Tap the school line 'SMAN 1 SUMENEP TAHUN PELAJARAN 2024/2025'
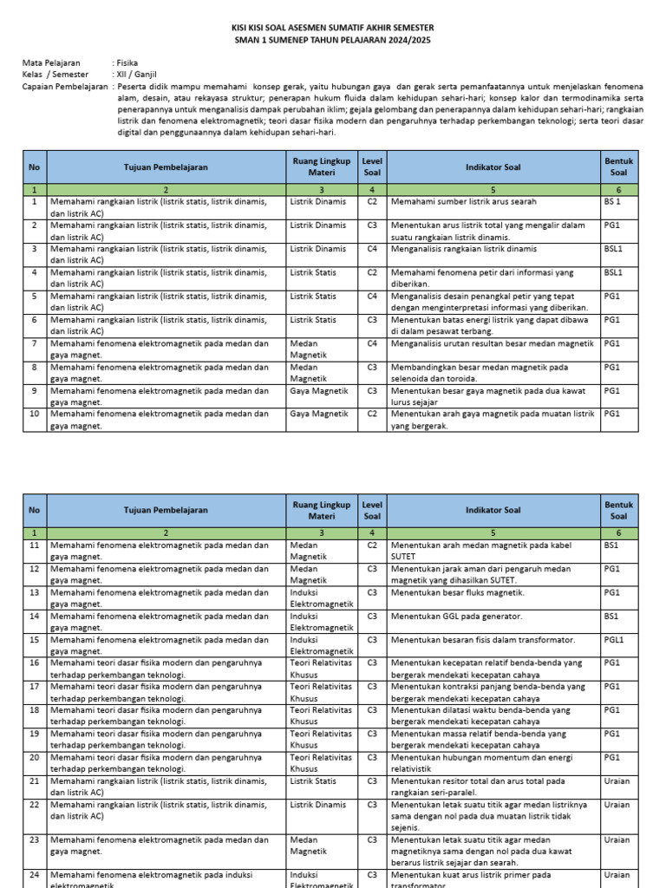334,40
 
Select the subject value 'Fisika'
127,63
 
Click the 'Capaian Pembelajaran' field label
64,87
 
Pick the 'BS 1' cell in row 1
613,201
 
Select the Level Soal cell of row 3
372,249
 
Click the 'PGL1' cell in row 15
615,639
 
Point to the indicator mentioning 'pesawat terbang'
492,325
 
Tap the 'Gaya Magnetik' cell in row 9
318,390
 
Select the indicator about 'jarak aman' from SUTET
492,574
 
